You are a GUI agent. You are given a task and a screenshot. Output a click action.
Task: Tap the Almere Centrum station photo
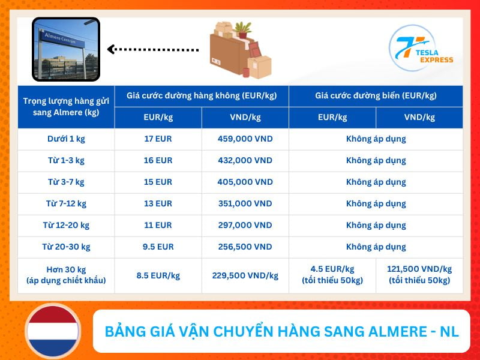65,49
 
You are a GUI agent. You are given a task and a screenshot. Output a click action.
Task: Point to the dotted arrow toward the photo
152,49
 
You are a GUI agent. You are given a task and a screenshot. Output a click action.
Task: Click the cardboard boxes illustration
239,50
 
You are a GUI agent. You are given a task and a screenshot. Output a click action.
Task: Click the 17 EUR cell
158,139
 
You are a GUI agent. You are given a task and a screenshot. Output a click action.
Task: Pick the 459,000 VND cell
245,139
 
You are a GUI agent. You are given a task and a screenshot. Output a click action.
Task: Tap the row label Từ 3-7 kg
66,182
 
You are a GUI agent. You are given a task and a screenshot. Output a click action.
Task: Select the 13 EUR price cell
158,203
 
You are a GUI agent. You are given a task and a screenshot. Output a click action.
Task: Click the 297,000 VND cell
245,225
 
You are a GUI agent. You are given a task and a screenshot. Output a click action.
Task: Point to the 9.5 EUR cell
158,247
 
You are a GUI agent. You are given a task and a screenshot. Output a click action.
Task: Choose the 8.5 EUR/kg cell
158,275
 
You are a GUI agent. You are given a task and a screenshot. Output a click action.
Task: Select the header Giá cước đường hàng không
201,95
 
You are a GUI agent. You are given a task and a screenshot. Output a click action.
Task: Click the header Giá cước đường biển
376,95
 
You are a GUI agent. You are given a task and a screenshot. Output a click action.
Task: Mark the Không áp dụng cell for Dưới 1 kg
376,139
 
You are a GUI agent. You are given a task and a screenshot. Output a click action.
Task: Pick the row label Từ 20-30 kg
66,247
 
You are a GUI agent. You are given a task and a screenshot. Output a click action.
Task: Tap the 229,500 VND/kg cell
245,275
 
